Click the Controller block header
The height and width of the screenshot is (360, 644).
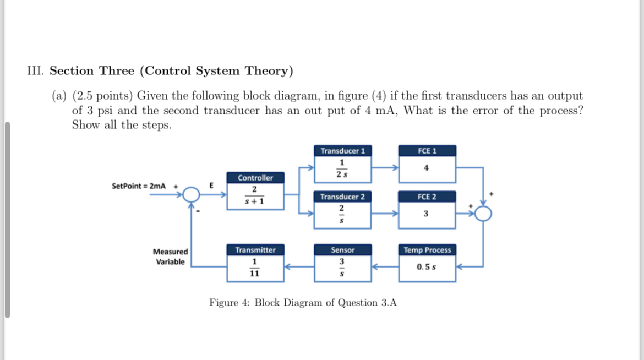click(x=255, y=178)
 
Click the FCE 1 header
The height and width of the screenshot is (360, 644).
click(x=427, y=151)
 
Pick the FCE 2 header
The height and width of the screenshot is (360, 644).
click(x=427, y=197)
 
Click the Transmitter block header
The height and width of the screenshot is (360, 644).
click(x=255, y=250)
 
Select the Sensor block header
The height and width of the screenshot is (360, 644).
click(x=342, y=250)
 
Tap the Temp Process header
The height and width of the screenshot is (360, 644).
click(x=427, y=250)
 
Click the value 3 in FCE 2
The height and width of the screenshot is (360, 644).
click(x=427, y=215)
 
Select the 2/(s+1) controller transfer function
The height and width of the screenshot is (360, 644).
click(x=254, y=195)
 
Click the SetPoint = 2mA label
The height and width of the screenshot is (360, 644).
click(x=138, y=186)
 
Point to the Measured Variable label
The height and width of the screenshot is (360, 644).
click(x=170, y=257)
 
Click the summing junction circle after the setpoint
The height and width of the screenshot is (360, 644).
click(x=191, y=194)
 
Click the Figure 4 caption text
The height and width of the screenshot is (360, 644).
click(x=303, y=303)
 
